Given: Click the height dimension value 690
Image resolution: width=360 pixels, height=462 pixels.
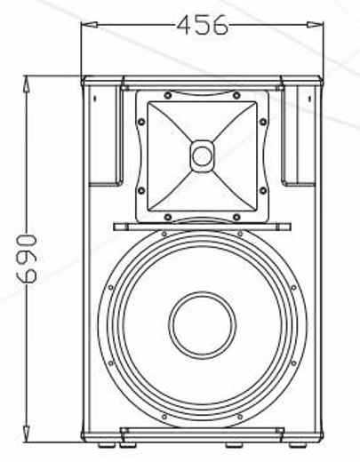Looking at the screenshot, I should coord(26,259).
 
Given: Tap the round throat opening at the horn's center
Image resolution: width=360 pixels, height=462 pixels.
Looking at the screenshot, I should coord(202,157).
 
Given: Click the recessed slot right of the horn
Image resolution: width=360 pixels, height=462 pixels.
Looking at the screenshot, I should coord(297,133).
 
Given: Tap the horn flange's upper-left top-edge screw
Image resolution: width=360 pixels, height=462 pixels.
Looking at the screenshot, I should coord(167,95).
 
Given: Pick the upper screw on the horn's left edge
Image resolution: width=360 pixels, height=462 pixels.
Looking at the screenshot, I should coord(140,122).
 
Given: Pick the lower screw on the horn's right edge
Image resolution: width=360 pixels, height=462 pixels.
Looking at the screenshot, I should coord(263,190).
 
